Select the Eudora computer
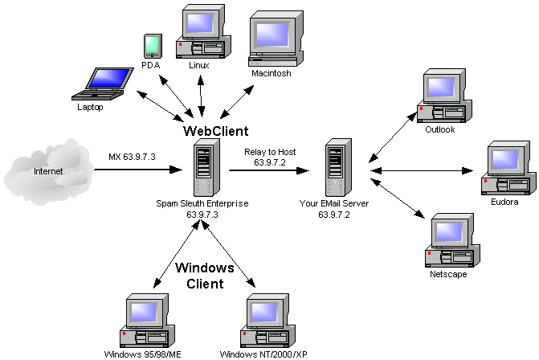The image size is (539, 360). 504,168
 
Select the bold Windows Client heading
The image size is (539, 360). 205,276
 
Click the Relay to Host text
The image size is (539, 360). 271,150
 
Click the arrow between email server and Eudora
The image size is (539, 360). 422,170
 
